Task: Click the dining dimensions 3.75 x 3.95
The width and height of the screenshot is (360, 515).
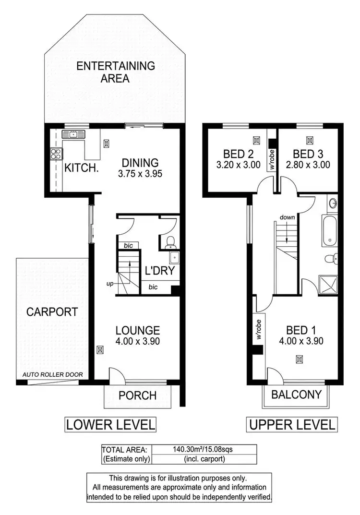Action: pyautogui.click(x=139, y=174)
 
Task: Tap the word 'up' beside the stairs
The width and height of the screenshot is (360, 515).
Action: pyautogui.click(x=110, y=284)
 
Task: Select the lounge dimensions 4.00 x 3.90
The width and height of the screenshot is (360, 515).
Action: pyautogui.click(x=137, y=341)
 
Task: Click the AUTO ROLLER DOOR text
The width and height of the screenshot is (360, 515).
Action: pyautogui.click(x=53, y=375)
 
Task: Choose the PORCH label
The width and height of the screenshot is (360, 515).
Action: pyautogui.click(x=138, y=395)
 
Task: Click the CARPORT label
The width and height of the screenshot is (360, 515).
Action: pyautogui.click(x=52, y=311)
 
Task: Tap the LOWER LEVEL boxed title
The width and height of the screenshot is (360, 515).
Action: pyautogui.click(x=110, y=424)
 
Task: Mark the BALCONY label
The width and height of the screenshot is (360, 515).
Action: pyautogui.click(x=296, y=395)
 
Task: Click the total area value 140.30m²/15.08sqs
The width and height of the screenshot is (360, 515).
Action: pyautogui.click(x=203, y=450)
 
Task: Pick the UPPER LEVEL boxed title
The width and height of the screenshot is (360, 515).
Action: pyautogui.click(x=291, y=424)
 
